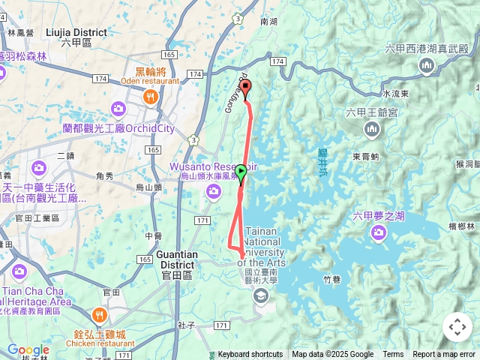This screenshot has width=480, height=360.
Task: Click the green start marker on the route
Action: [x=241, y=172]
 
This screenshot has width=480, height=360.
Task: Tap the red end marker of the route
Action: [x=245, y=88]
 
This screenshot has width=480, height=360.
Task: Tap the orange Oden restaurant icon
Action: [x=151, y=96]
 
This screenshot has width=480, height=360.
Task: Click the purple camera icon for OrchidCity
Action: [x=118, y=109]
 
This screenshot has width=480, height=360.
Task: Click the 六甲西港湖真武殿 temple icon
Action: [x=427, y=66]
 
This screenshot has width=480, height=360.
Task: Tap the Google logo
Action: [x=28, y=349]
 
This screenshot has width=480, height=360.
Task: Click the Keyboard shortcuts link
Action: [x=250, y=355]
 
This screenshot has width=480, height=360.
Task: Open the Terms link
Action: [x=393, y=355]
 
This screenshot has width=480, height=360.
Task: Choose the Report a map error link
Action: [x=445, y=355]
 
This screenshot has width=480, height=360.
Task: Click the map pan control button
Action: [x=457, y=327]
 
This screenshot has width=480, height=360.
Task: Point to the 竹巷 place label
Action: [x=332, y=278]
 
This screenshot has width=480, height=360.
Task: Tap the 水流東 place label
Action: [x=395, y=94]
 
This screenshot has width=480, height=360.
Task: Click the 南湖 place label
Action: [x=268, y=22]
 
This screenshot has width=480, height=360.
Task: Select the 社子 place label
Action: [x=187, y=325]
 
